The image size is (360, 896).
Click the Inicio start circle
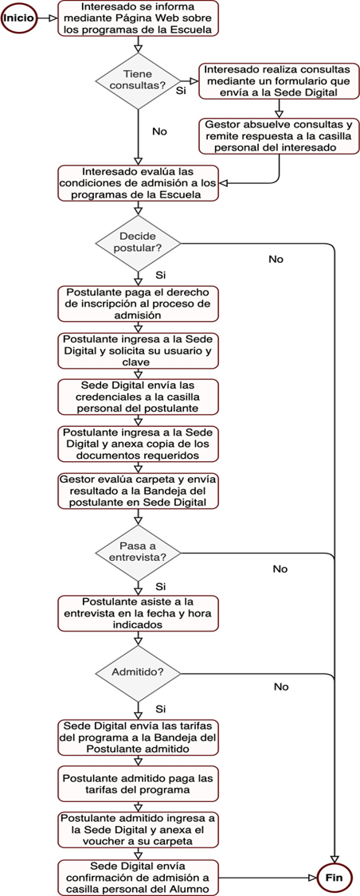tap(19, 18)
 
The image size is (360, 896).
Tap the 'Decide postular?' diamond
tap(137, 243)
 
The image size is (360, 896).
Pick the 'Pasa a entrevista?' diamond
tap(137, 553)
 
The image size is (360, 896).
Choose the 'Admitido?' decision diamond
tap(137, 671)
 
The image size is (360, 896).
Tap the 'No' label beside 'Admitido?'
tap(281, 687)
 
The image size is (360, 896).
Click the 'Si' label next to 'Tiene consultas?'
tap(181, 91)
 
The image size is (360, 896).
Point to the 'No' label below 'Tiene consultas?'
tap(159, 131)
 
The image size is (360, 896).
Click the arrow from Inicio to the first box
tap(47, 18)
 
